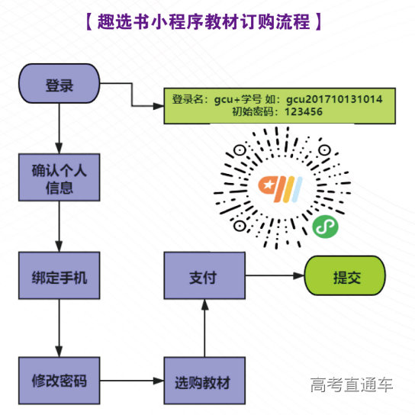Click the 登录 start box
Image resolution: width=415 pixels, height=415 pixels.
60,85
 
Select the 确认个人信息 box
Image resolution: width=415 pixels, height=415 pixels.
60,178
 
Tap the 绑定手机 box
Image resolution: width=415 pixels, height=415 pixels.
60,277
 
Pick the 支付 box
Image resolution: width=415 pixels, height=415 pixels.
204,277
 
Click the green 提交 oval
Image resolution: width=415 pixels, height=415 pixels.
345,277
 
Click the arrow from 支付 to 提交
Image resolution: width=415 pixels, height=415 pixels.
274,277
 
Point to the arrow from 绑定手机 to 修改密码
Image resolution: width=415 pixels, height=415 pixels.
60,328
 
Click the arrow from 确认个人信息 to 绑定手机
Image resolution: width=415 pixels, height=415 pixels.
60,227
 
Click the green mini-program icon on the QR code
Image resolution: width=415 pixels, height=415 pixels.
324,226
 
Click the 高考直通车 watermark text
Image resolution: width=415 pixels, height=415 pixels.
352,385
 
